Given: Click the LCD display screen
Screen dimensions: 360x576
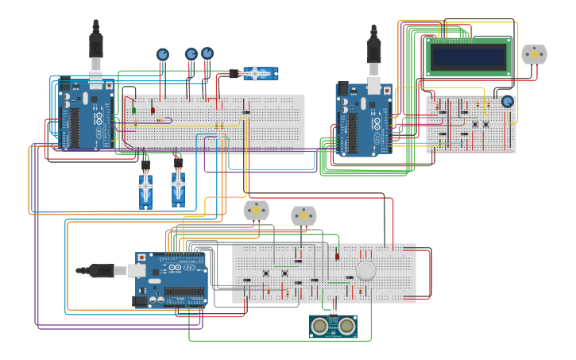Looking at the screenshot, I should pos(468,56).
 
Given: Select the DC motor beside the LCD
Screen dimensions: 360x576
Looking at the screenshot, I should pos(534,54).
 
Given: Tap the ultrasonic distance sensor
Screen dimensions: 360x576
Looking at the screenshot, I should pos(333,326).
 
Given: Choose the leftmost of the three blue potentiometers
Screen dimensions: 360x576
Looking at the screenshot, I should pos(162,55).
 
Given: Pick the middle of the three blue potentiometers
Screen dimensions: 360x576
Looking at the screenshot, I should pos(191,54).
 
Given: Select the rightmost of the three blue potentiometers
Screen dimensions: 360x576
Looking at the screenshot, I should pos(207,53).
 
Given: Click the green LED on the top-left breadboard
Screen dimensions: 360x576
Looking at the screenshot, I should pos(133,110).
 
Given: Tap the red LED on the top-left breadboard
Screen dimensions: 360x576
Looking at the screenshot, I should pos(153,110).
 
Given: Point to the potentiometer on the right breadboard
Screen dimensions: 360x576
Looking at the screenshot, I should pos(507,101).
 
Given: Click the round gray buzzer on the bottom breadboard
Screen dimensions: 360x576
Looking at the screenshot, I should pos(365,271).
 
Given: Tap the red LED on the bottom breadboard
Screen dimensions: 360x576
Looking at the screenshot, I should pos(337,256).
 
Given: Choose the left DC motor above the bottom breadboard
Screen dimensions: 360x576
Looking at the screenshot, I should pos(256,210).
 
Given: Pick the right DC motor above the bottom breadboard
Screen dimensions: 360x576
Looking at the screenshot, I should pos(303,215).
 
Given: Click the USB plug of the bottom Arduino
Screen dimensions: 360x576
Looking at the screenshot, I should pos(102,271).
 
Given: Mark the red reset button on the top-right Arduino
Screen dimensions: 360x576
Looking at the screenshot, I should pos(387,91).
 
